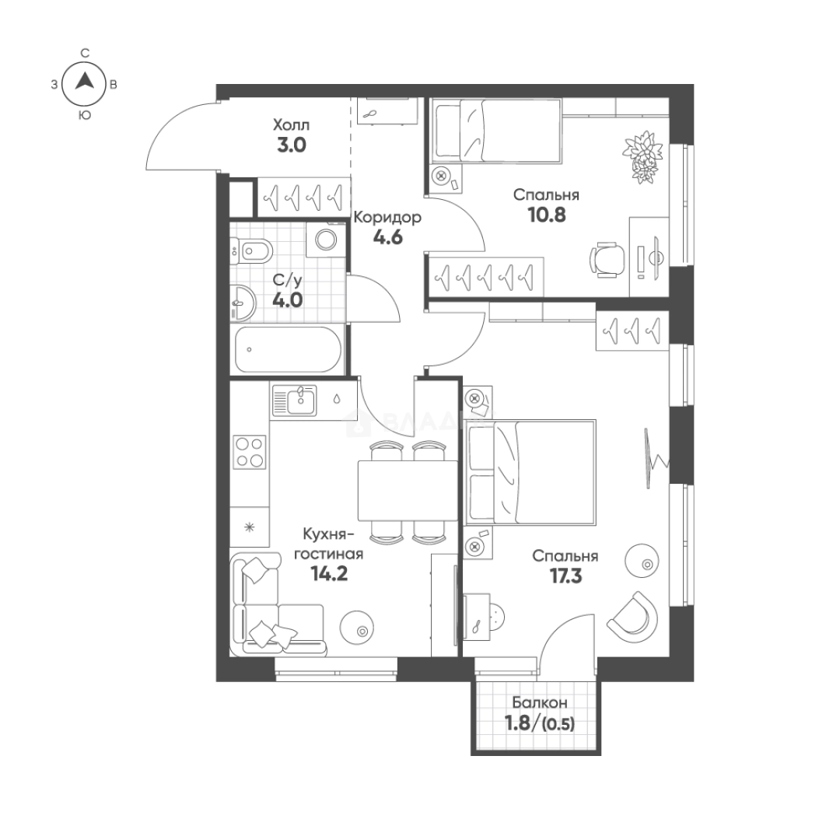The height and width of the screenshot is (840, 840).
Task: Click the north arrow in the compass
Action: click(x=84, y=81)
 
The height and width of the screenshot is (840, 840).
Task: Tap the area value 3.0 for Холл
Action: click(x=292, y=145)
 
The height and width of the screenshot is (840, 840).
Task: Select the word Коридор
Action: click(x=387, y=217)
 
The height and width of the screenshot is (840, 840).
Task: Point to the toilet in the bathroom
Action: click(x=252, y=250)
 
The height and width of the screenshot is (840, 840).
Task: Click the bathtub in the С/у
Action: click(x=289, y=350)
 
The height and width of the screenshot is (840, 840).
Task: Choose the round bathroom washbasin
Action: click(x=243, y=303)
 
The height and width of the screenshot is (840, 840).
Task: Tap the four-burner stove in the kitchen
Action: click(x=250, y=452)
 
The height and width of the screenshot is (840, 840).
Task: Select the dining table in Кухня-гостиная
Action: click(x=408, y=490)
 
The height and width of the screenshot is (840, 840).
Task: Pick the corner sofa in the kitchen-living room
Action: click(x=268, y=604)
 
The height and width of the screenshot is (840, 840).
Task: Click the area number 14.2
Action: click(x=330, y=574)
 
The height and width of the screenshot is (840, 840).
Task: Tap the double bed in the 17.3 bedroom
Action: click(x=531, y=471)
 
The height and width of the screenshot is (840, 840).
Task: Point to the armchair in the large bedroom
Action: click(x=633, y=614)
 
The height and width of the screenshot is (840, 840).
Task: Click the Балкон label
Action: click(x=540, y=702)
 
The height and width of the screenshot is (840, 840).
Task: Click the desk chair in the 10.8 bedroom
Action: click(x=607, y=260)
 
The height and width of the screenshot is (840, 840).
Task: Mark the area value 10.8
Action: click(x=547, y=215)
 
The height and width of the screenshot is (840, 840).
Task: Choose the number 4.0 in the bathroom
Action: click(x=288, y=300)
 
